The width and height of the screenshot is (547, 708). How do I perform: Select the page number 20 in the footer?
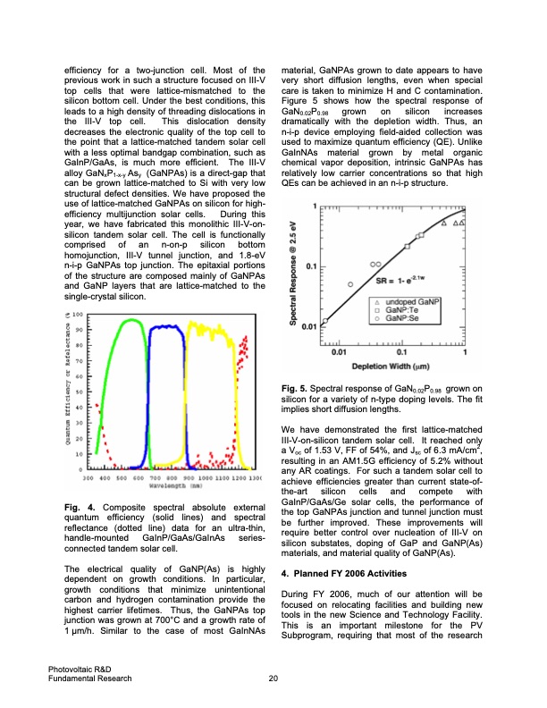pyautogui.click(x=273, y=679)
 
